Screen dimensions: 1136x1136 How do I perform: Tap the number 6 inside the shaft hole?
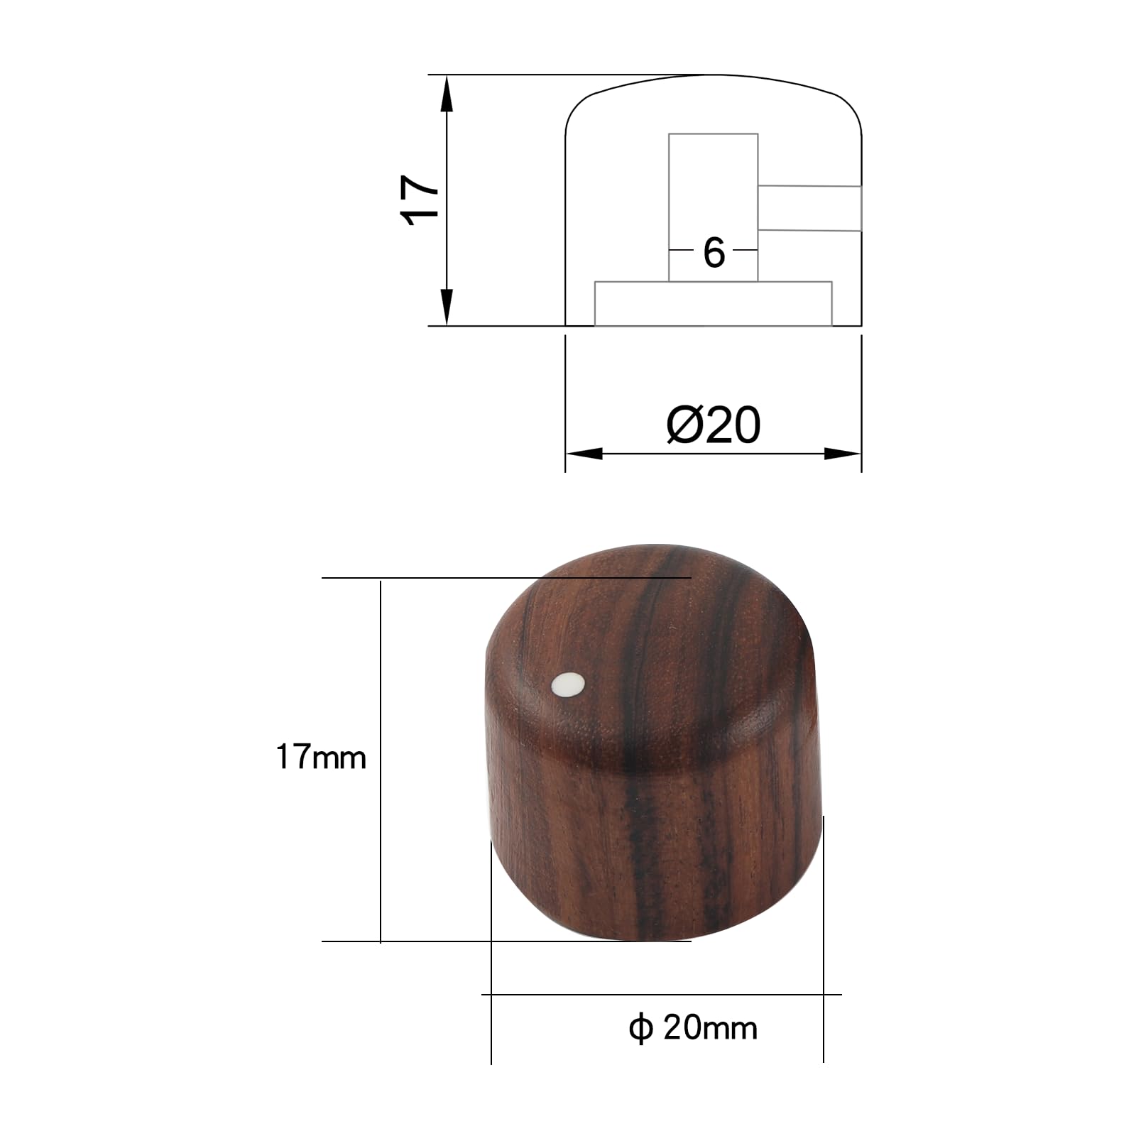pos(714,253)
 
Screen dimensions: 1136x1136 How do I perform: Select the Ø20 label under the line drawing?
pos(714,425)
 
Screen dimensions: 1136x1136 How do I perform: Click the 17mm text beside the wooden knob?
pos(321,758)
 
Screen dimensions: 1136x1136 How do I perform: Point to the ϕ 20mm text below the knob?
pos(693,1027)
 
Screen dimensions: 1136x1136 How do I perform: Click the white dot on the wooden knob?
pos(568,684)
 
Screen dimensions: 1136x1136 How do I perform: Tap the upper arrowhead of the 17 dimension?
pos(447,92)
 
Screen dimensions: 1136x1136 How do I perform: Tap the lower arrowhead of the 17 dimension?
pos(447,308)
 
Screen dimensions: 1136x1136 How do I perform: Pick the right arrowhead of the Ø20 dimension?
pos(843,454)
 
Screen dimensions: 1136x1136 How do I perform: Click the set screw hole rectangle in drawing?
pos(809,208)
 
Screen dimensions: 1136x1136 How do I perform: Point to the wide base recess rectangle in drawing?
pos(713,304)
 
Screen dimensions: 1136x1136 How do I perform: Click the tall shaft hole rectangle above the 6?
pos(713,185)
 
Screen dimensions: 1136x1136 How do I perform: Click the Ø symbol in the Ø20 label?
pos(683,425)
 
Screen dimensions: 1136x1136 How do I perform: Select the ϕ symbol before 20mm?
pos(640,1027)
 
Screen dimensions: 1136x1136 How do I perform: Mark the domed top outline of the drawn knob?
pos(713,75)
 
